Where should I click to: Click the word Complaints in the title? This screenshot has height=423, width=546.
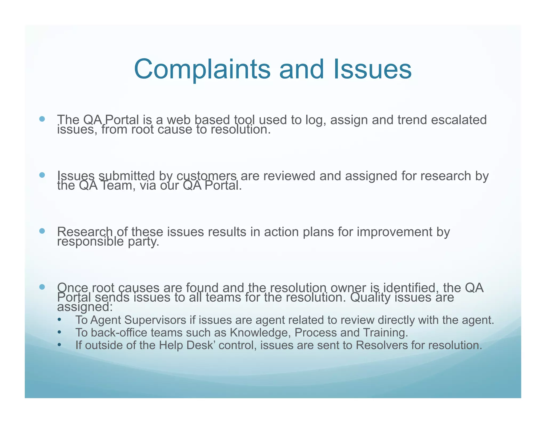pos(202,69)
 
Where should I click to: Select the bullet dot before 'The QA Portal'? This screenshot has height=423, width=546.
pos(42,119)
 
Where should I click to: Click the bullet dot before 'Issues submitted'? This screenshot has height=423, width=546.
pos(42,175)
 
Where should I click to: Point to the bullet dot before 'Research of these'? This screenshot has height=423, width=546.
pos(42,231)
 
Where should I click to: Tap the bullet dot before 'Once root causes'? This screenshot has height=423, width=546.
pos(42,287)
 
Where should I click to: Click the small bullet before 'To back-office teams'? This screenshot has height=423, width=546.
pos(59,332)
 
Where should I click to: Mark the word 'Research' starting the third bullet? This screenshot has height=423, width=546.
pos(85,232)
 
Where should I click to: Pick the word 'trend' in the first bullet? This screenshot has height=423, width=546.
pos(412,120)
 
